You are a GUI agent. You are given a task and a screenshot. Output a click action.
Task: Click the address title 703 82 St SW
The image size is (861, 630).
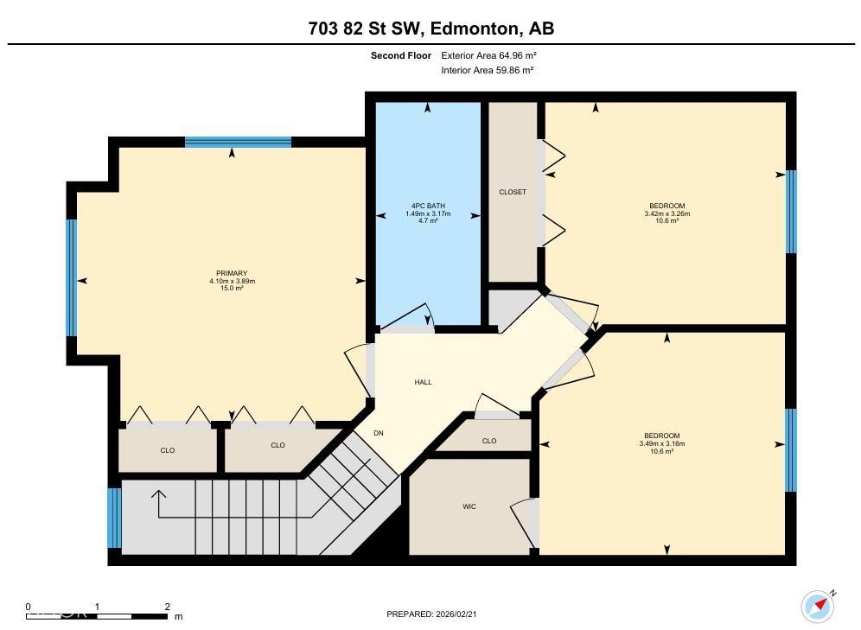(430, 29)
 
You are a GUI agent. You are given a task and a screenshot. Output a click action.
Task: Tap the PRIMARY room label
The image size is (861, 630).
(231, 273)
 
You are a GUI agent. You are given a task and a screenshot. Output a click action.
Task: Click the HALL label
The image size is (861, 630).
(423, 382)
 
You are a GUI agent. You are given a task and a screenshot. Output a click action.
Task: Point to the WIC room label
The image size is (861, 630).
(469, 506)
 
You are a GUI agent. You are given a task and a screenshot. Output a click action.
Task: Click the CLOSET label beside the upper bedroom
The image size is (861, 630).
(513, 192)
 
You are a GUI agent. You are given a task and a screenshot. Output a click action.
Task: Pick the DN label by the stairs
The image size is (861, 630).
(378, 433)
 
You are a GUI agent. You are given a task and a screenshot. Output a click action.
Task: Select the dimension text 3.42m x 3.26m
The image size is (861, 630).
(666, 213)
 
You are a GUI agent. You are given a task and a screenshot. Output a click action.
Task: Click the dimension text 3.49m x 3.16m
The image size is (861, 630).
(661, 443)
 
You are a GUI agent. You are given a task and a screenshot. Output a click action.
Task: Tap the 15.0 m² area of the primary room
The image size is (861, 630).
(231, 288)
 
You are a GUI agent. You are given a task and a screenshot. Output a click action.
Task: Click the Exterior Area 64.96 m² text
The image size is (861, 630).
(490, 55)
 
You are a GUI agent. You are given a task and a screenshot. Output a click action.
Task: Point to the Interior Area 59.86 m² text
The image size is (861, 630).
(488, 70)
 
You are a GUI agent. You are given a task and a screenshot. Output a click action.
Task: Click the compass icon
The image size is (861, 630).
(817, 606)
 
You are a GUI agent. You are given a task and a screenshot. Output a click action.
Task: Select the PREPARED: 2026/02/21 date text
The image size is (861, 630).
(430, 614)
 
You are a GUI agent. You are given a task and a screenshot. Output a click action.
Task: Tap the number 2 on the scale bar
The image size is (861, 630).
(167, 607)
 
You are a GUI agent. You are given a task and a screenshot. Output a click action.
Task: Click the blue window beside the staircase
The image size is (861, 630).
(114, 518)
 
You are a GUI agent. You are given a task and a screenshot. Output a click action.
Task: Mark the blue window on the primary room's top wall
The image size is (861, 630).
(238, 143)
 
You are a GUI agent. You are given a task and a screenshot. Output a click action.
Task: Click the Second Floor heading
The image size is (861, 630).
(401, 55)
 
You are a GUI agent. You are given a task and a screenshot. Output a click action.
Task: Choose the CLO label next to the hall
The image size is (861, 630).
(489, 441)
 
